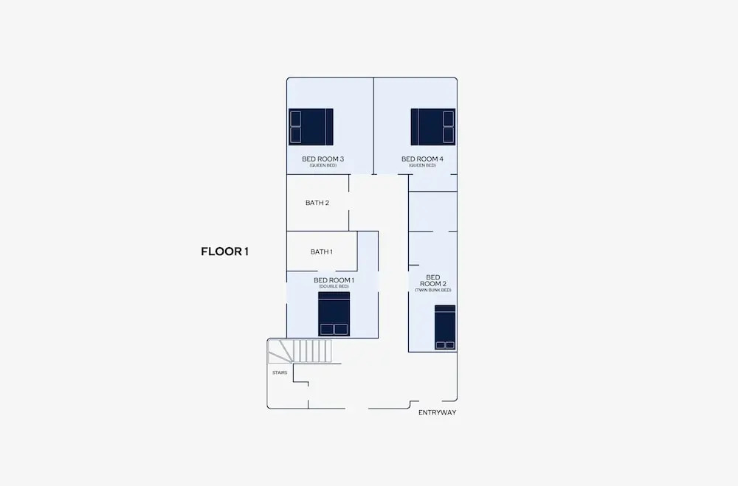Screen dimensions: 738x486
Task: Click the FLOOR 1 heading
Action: tap(224, 251)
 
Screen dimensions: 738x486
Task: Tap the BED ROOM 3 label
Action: tap(323, 159)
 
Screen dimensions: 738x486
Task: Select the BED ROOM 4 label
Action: tap(422, 159)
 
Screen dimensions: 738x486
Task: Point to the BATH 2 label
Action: tap(317, 203)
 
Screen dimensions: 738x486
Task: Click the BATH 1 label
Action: tap(322, 251)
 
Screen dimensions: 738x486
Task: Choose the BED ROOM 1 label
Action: tap(334, 280)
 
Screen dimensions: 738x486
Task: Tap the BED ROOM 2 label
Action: tap(433, 280)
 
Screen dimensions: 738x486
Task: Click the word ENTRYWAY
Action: tap(437, 412)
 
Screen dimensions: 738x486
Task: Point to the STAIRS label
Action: tap(280, 372)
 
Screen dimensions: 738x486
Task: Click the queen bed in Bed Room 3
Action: tap(311, 127)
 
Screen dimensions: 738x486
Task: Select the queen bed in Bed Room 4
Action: tap(433, 127)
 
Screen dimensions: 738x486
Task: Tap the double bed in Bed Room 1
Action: tap(334, 314)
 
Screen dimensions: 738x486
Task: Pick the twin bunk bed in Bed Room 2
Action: tap(445, 327)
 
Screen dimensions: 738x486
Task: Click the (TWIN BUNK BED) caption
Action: tap(433, 291)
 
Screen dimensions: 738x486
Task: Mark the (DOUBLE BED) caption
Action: tap(334, 287)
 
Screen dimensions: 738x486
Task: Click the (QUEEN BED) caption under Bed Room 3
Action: tap(323, 166)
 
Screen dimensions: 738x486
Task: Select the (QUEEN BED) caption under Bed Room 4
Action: tap(422, 166)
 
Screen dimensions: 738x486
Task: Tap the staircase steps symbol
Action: tap(300, 352)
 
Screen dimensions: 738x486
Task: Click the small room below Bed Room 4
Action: tap(432, 211)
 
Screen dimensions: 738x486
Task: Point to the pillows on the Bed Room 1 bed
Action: tap(334, 330)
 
